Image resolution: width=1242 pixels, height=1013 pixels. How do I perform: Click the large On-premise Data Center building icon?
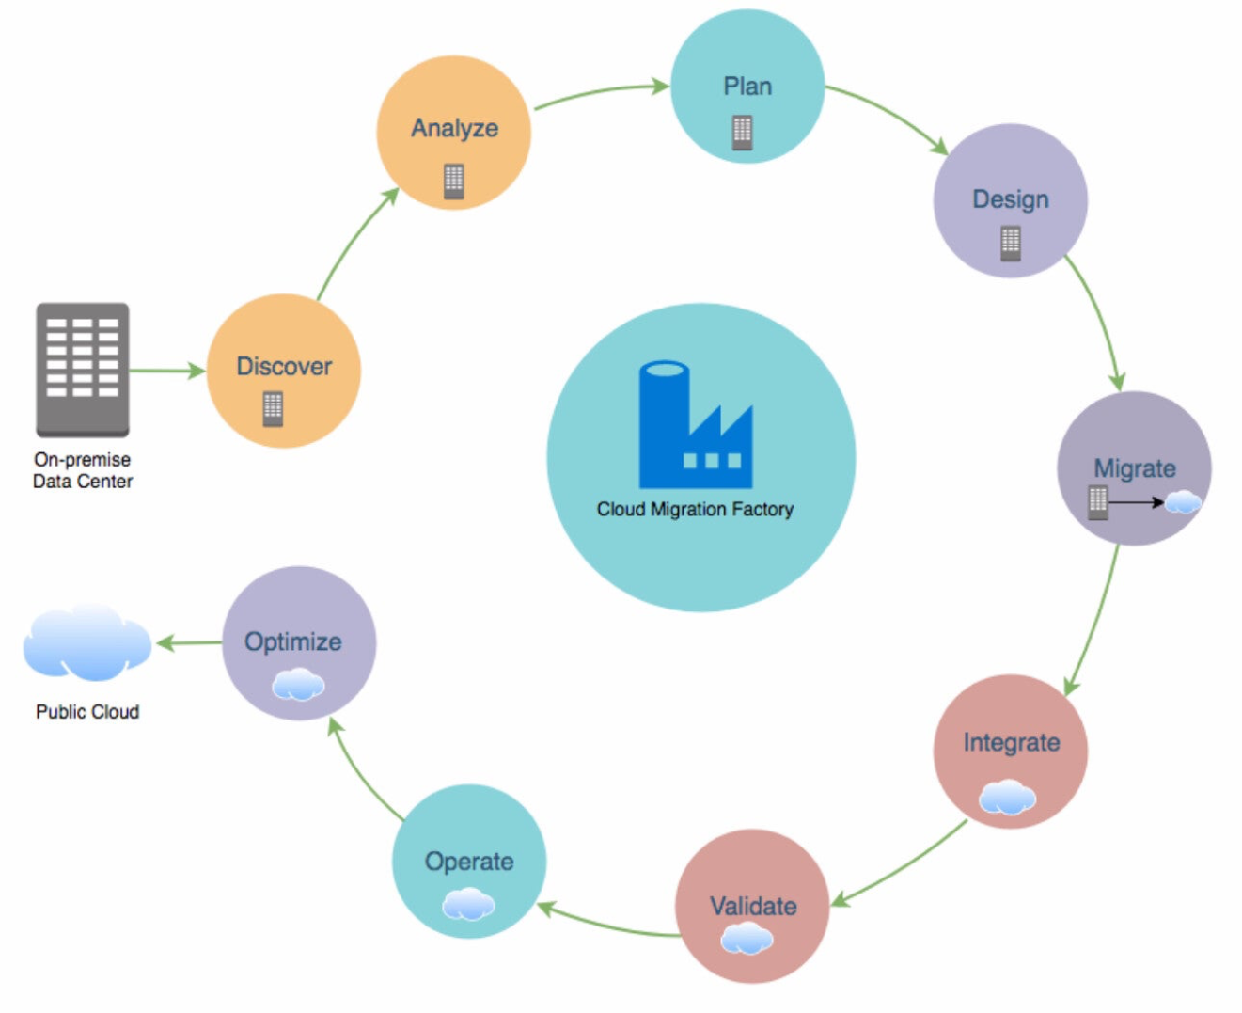tap(83, 369)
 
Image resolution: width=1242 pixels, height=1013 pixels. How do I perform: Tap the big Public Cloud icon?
tap(86, 643)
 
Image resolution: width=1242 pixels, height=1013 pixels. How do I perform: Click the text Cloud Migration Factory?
tap(695, 509)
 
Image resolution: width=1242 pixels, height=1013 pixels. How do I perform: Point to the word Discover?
tap(284, 366)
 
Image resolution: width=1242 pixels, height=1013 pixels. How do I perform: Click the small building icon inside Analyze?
tap(454, 182)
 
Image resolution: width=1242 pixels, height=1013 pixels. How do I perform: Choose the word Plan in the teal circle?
tap(747, 87)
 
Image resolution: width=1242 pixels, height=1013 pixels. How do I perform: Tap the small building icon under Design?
tap(1011, 244)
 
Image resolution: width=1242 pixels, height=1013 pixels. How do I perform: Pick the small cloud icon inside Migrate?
tap(1183, 502)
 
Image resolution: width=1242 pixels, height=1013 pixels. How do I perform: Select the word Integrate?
tap(1012, 742)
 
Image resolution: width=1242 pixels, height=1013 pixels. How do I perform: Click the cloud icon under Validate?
tap(747, 939)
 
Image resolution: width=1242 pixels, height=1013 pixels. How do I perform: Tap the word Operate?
tap(469, 861)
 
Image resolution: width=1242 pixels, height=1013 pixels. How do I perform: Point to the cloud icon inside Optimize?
tap(298, 684)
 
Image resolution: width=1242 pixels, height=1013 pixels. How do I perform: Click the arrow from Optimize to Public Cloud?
tap(189, 643)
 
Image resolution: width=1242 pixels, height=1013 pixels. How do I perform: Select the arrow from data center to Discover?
tap(166, 371)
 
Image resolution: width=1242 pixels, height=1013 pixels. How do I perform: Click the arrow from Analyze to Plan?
tap(602, 91)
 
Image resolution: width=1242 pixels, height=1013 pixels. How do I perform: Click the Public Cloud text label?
tap(87, 712)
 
